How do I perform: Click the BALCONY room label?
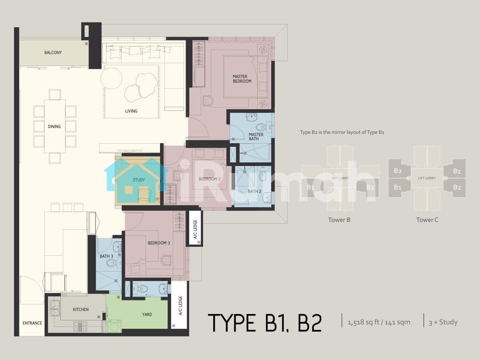(x=53, y=52)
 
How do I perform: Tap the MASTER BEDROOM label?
(x=242, y=79)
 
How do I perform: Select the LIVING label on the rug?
(x=131, y=111)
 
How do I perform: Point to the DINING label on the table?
(x=54, y=126)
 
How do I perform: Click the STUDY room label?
(x=139, y=180)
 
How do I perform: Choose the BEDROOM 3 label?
(x=159, y=243)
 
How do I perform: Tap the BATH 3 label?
(x=106, y=256)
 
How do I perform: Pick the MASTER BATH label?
(x=256, y=137)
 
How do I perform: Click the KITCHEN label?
(x=81, y=310)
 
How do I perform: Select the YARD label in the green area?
(x=147, y=314)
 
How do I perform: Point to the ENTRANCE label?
(x=32, y=323)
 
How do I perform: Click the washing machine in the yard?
(x=114, y=326)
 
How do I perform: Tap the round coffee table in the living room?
(x=111, y=78)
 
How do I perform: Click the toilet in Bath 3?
(x=112, y=263)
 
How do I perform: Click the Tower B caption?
(x=339, y=220)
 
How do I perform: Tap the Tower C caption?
(x=427, y=220)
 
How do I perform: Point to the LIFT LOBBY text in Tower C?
(x=427, y=178)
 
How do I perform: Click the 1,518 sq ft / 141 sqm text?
(x=379, y=322)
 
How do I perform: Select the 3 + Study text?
(x=443, y=322)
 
